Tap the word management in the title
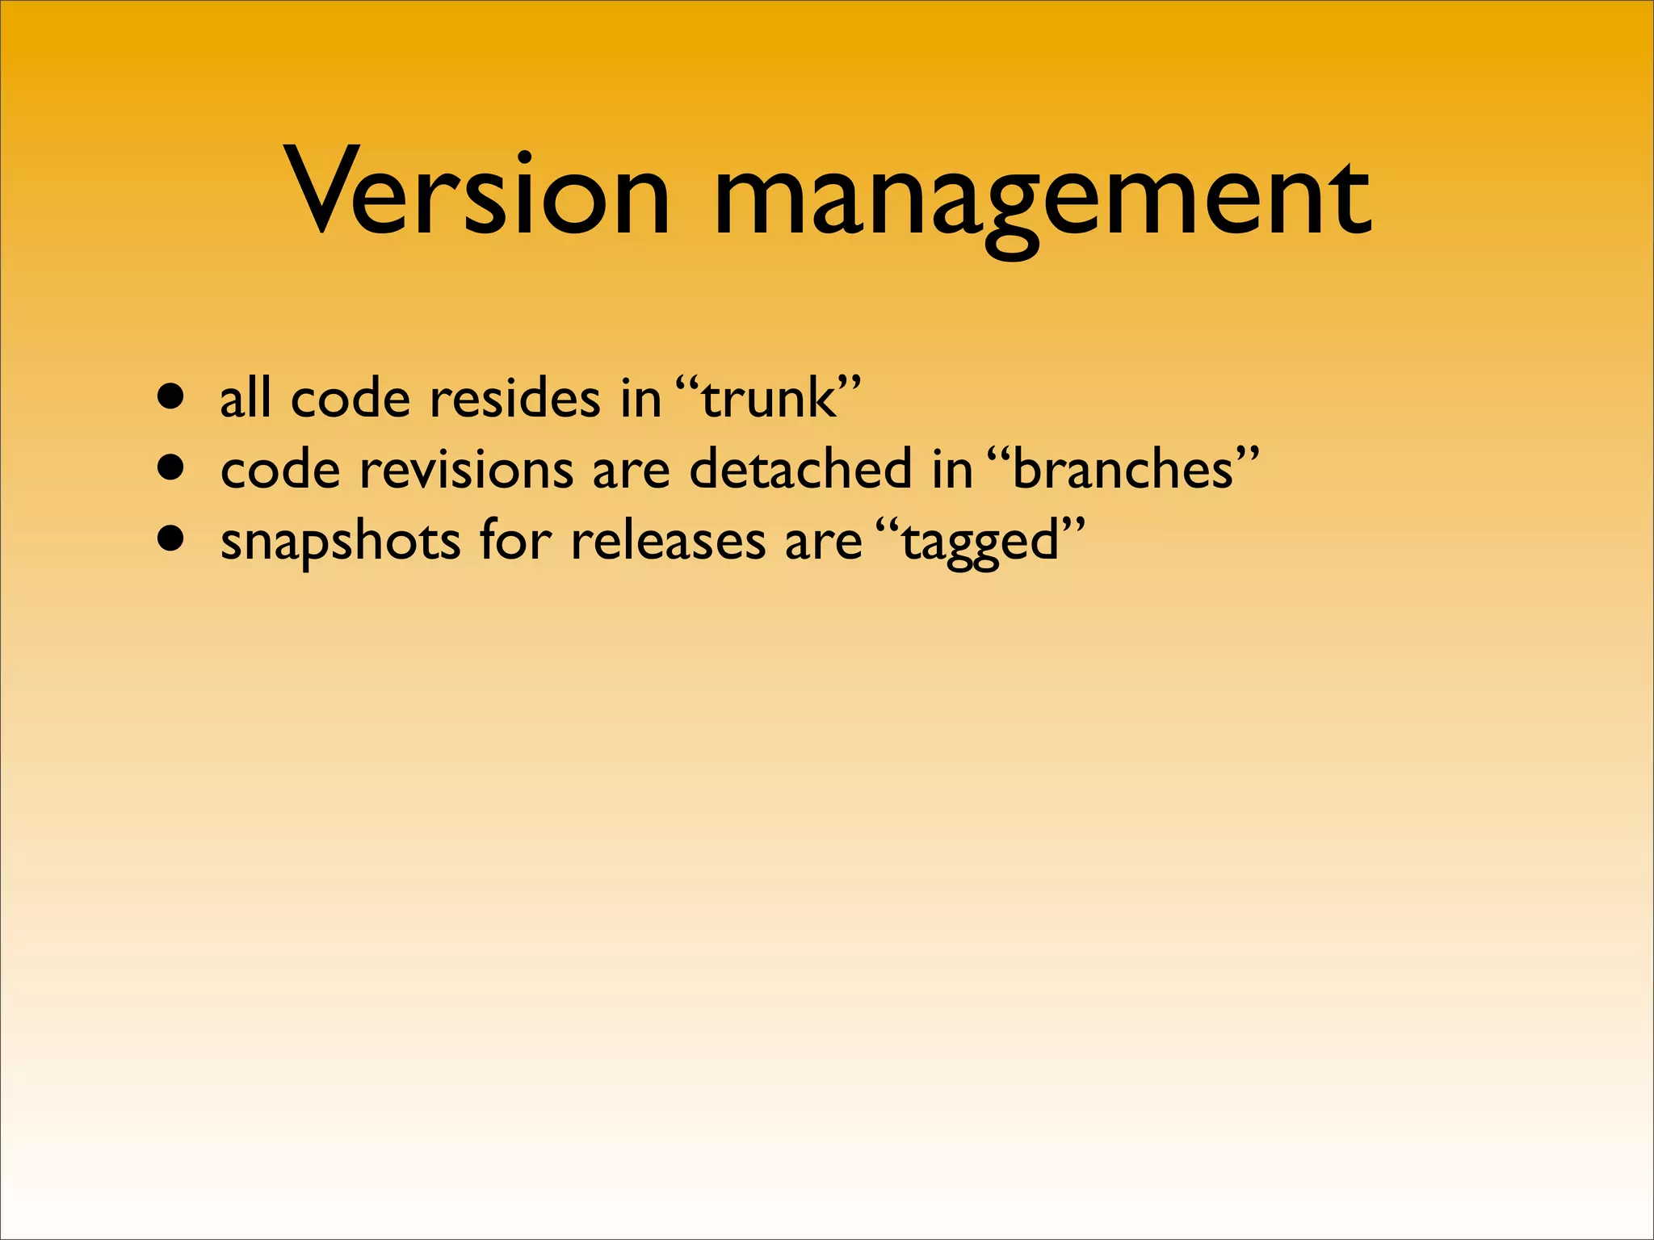tap(1042, 198)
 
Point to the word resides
tap(515, 399)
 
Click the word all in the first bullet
tap(246, 399)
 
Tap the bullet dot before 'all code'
tap(171, 397)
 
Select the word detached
tap(800, 469)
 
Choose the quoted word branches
tap(1123, 469)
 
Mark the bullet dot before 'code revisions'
tap(171, 467)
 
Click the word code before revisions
tap(280, 469)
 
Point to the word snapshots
tap(340, 542)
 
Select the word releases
tap(668, 540)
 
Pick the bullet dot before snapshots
tap(171, 538)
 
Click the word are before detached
tap(631, 471)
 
